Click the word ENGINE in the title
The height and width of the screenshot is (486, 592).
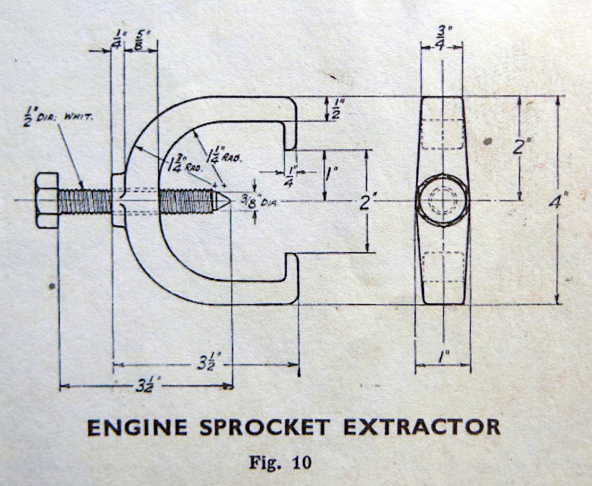point(137,428)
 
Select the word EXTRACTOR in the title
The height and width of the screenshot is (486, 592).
point(421,428)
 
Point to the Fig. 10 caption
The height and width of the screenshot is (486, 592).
point(280,462)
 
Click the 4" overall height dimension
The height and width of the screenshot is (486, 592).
point(558,201)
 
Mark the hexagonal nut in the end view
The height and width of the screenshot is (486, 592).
point(442,200)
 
